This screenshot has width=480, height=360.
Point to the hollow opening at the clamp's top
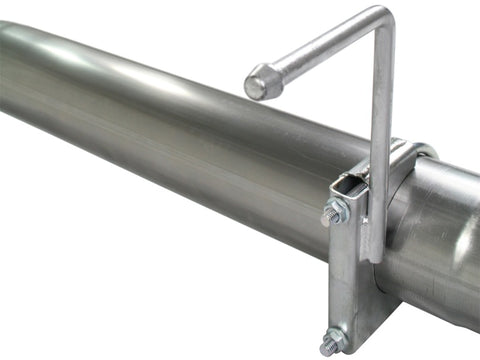(x=350, y=186)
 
